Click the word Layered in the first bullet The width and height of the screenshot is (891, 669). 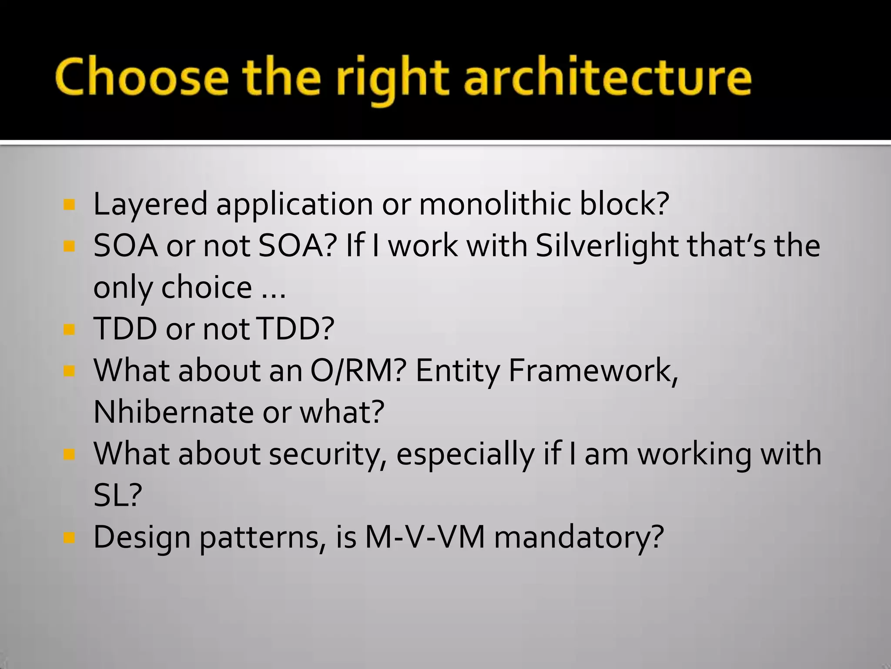point(151,205)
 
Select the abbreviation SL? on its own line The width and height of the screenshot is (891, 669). point(118,496)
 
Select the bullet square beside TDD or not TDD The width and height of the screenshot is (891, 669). point(69,329)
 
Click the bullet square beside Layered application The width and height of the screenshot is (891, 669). point(69,204)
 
